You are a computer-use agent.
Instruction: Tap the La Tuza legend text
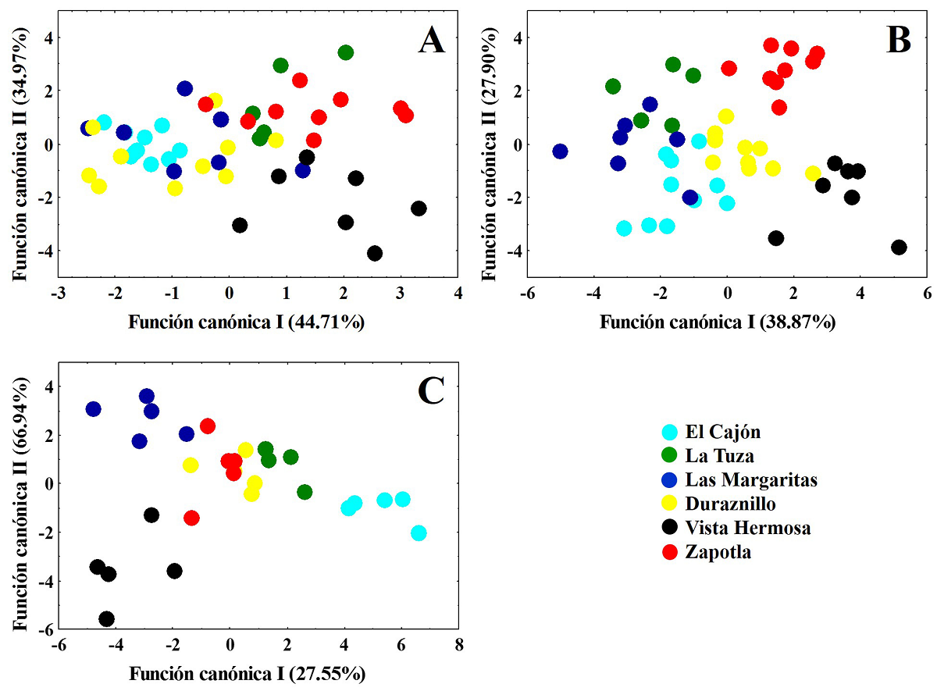720,456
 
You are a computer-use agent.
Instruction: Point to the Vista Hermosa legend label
748,528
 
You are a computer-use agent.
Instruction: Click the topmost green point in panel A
345,52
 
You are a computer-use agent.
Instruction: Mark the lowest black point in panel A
375,254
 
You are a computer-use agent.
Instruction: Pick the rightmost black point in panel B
899,248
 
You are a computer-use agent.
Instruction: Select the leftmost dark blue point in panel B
560,151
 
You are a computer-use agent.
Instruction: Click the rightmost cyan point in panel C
419,533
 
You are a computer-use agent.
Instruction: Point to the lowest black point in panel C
107,619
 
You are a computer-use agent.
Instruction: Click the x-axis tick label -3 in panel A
57,293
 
